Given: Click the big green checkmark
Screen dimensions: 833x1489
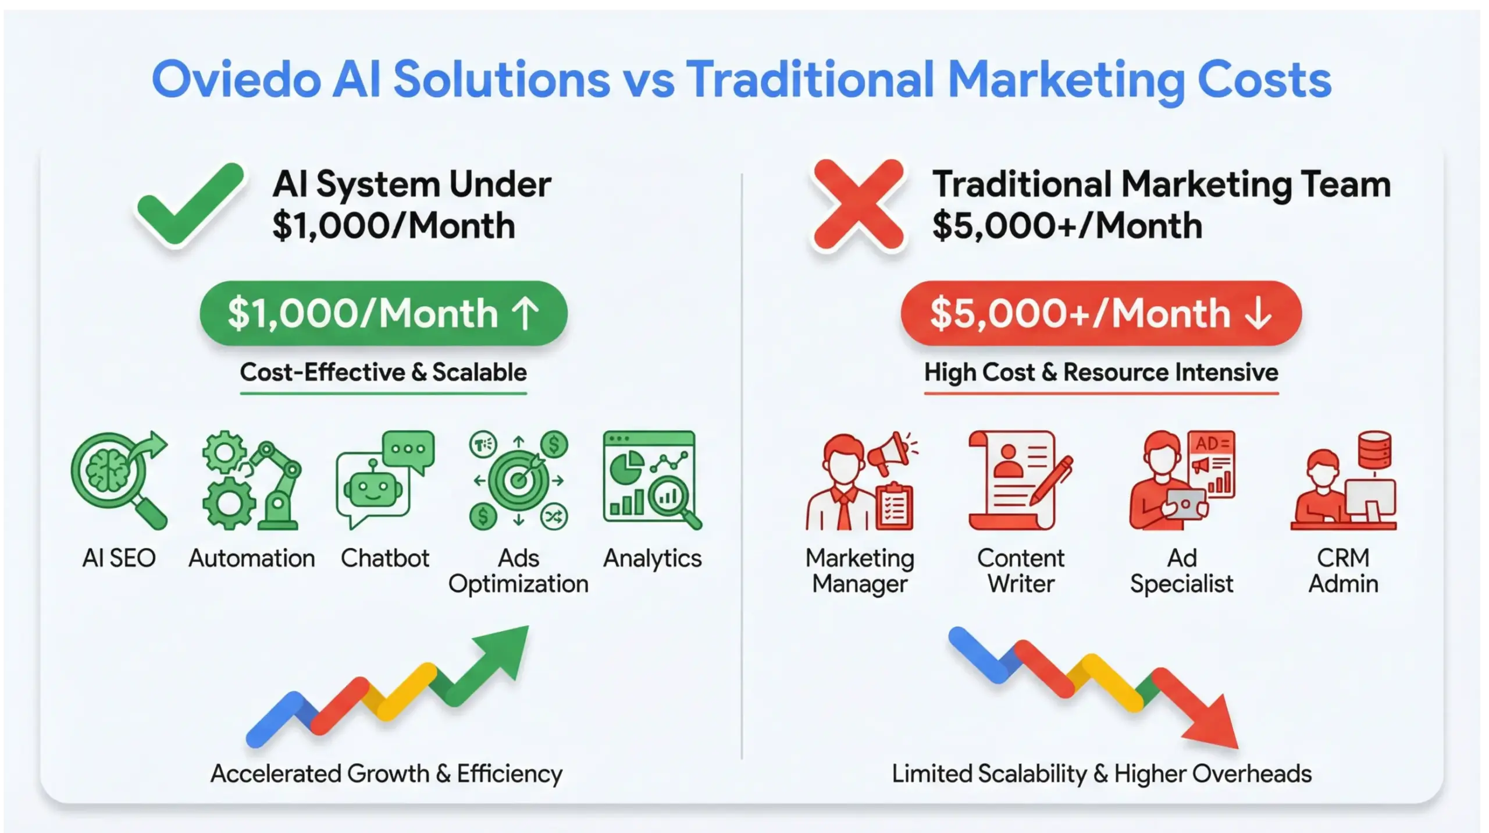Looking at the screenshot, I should click(189, 205).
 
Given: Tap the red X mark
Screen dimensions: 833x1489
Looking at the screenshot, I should click(859, 205).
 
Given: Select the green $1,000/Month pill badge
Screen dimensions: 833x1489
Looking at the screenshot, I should click(383, 314).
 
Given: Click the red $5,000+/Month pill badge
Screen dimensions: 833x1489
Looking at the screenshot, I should click(1100, 314).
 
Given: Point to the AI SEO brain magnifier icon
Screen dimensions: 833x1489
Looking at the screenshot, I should click(119, 480).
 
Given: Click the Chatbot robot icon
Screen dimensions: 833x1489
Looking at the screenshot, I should click(384, 480).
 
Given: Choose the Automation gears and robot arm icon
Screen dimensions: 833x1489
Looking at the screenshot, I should click(251, 480).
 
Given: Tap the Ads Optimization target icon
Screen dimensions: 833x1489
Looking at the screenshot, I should click(518, 480).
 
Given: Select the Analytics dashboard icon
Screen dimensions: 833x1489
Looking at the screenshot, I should click(652, 480).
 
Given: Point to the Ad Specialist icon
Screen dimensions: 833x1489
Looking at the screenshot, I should click(1181, 480).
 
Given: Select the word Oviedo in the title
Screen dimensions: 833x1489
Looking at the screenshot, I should click(236, 80).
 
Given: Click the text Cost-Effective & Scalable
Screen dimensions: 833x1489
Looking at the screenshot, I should click(383, 373).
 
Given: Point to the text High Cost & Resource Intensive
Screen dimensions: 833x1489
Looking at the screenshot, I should click(1100, 373).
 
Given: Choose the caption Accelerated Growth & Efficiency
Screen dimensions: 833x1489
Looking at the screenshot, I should click(386, 774).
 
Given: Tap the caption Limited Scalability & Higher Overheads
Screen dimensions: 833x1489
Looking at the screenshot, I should click(1101, 774).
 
